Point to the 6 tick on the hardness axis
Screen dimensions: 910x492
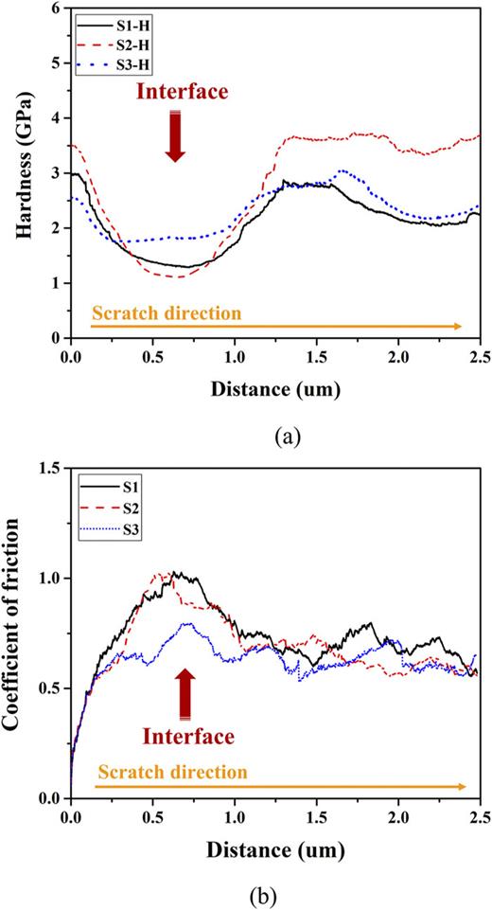55,9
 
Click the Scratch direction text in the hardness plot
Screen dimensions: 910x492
167,311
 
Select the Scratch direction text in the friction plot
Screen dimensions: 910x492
172,772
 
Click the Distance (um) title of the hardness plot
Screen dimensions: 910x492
274,387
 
